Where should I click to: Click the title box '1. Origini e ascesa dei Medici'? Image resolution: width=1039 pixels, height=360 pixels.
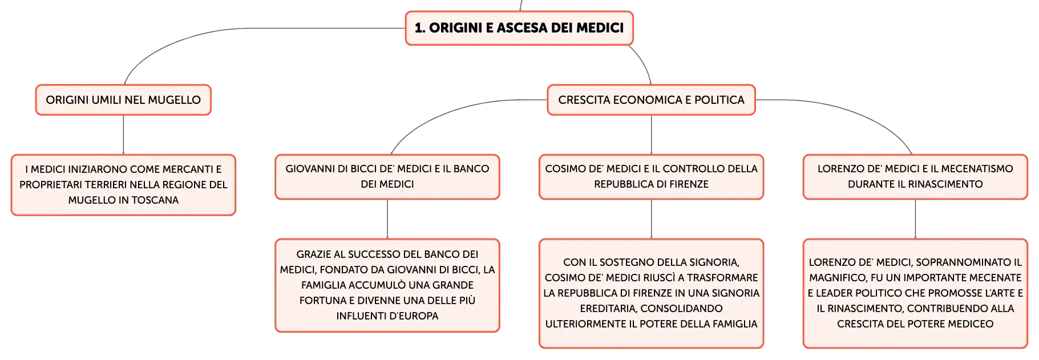pos(519,28)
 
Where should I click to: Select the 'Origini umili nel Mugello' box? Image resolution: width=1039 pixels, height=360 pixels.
pos(123,100)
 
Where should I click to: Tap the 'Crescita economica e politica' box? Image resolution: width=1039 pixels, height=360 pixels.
pos(651,100)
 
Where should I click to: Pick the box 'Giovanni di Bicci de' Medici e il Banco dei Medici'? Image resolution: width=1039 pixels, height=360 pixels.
pos(387,177)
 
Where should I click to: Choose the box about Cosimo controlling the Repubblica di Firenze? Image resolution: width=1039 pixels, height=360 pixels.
pos(651,177)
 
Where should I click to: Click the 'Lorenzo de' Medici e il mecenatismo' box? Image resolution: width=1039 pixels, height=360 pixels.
pos(915,177)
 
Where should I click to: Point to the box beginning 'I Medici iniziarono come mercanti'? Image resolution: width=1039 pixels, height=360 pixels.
pos(123,185)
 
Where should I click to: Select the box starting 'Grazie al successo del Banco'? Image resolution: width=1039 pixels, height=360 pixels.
pos(387,285)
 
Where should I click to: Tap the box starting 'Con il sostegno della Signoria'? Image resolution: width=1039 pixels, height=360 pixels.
pos(651,293)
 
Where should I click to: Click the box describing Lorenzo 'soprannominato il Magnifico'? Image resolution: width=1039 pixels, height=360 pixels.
pos(915,293)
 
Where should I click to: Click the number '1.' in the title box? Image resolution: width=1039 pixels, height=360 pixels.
pos(420,28)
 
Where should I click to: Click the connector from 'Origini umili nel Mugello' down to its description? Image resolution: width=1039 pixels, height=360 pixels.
pos(123,135)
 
